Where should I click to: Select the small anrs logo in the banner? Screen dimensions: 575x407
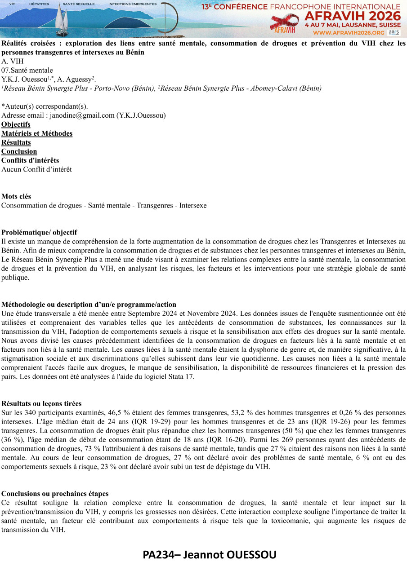(x=394, y=32)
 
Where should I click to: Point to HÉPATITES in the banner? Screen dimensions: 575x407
(x=39, y=4)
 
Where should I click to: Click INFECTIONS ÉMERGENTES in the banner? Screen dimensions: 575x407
(x=133, y=4)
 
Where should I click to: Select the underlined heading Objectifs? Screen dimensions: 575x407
(x=16, y=124)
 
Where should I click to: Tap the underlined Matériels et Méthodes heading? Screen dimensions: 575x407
(x=37, y=133)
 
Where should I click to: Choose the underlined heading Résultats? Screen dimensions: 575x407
(x=16, y=142)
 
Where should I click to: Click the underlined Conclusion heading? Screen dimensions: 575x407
(x=19, y=151)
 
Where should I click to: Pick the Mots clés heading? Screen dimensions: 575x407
(x=16, y=196)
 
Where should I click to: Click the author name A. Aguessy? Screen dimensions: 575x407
(x=79, y=80)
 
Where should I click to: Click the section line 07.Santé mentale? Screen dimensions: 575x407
(x=27, y=71)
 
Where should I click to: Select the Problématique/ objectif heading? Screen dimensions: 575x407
(x=39, y=232)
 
